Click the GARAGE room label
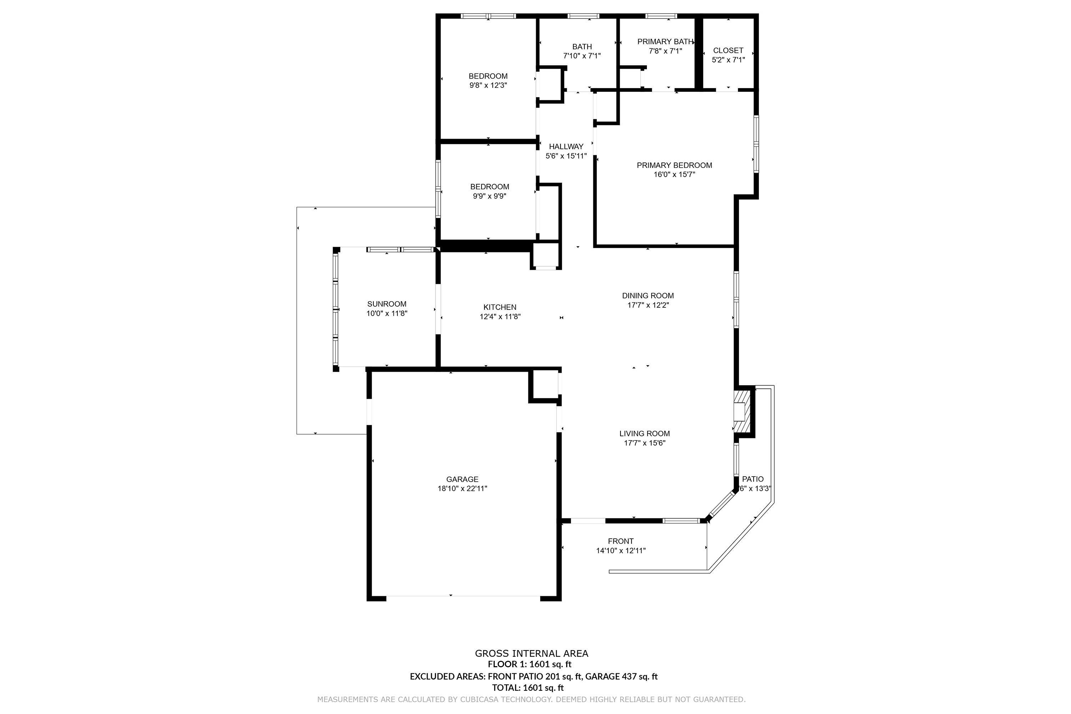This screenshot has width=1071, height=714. [x=462, y=479]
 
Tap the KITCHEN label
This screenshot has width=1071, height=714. [x=500, y=307]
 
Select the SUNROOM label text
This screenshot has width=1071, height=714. [x=387, y=304]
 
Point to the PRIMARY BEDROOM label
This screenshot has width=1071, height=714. [x=674, y=165]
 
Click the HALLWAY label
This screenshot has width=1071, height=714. [x=566, y=147]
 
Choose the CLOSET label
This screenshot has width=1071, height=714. [x=728, y=51]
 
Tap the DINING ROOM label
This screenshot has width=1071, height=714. [x=648, y=296]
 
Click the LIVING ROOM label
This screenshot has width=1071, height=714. [x=645, y=433]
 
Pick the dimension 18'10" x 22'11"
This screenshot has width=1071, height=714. [x=462, y=489]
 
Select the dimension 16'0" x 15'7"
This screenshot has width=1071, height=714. [x=674, y=175]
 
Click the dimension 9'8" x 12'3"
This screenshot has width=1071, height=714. [x=488, y=85]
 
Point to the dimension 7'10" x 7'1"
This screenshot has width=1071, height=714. [x=582, y=56]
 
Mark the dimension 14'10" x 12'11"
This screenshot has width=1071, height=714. [x=621, y=550]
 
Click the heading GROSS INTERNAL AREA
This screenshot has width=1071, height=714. [x=532, y=653]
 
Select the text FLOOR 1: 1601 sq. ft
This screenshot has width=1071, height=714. [x=529, y=664]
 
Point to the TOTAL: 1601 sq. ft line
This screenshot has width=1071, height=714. [x=528, y=688]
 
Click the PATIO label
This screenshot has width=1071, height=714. [x=753, y=479]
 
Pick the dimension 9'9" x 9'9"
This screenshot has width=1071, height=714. [x=489, y=196]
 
